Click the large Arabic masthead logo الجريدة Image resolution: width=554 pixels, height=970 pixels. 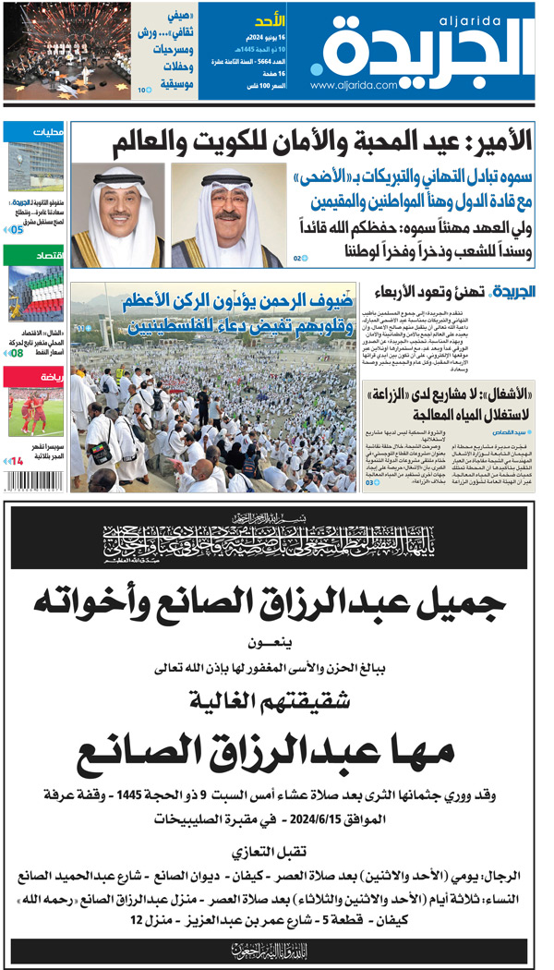pos(426,48)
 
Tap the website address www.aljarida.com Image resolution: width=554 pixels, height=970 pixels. pos(354,86)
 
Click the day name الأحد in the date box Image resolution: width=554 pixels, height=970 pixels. pos(268,20)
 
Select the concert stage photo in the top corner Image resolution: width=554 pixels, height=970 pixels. pos(55,48)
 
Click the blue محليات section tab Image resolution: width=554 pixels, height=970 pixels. pos(33,132)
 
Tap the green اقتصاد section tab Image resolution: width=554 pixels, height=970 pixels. pos(33,254)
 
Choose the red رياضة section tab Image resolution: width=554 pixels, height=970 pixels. pos(33,377)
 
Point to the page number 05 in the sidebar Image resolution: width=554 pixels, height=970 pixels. pos(17,231)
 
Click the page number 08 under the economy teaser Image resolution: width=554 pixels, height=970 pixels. pos(17,352)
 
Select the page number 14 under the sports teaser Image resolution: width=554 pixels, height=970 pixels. pos(17,460)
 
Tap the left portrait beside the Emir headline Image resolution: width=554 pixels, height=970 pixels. pos(119,216)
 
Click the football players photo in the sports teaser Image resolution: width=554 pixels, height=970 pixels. pos(33,416)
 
